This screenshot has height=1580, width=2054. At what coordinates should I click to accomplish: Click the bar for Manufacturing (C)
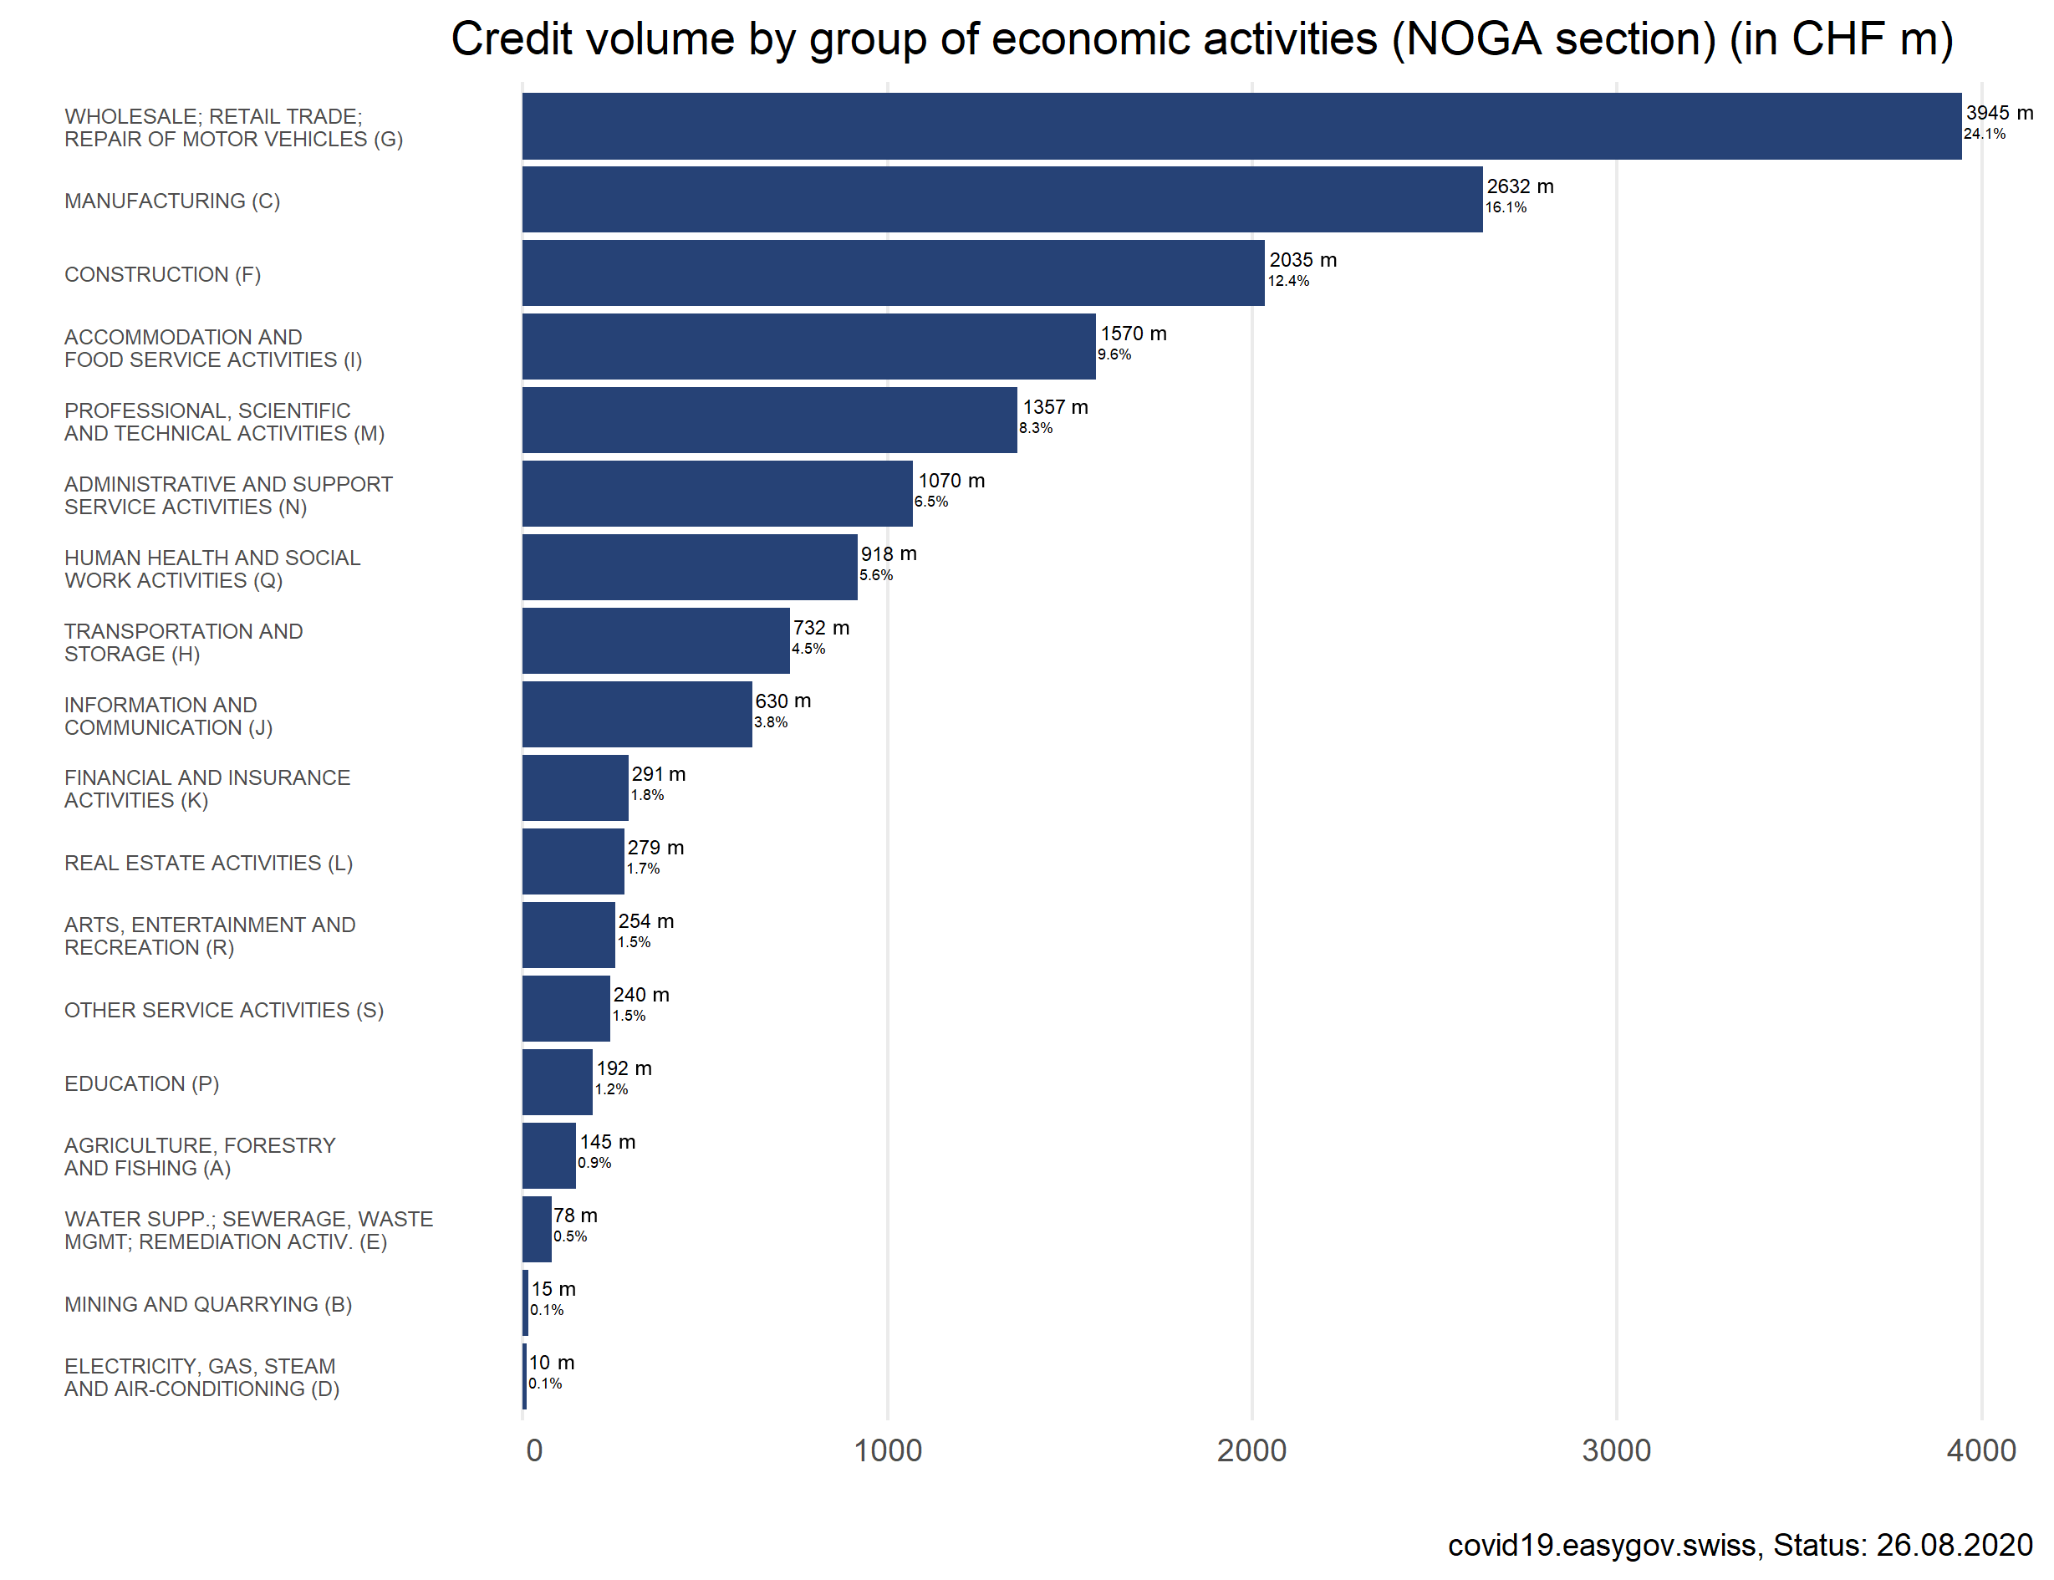[x=1002, y=199]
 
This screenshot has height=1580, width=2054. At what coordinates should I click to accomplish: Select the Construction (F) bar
[x=894, y=273]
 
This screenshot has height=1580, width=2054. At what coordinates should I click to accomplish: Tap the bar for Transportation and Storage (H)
[x=655, y=640]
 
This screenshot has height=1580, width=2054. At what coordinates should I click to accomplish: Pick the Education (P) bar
[x=557, y=1082]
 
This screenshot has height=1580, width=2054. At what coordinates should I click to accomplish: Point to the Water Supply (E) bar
[x=537, y=1229]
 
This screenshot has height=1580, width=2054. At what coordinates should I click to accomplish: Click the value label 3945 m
[x=1999, y=113]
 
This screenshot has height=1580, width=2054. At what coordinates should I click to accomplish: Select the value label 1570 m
[x=1134, y=334]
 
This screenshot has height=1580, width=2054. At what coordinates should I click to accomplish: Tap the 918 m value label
[x=888, y=554]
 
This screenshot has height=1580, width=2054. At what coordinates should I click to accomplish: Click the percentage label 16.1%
[x=1506, y=208]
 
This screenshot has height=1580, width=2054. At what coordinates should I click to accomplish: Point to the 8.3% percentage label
[x=1036, y=428]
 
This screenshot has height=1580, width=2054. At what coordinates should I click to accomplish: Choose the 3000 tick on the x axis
[x=1616, y=1450]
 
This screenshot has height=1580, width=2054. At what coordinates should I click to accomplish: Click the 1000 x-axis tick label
[x=887, y=1450]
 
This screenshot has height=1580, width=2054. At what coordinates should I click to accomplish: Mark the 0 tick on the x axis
[x=534, y=1450]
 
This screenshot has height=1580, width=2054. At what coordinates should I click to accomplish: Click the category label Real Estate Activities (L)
[x=208, y=863]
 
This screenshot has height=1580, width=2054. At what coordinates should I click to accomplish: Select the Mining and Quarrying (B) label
[x=208, y=1304]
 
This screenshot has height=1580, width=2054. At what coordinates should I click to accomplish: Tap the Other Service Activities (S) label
[x=224, y=1010]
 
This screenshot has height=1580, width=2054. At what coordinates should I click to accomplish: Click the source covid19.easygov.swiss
[x=1602, y=1545]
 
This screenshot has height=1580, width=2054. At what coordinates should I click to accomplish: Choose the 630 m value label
[x=782, y=701]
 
